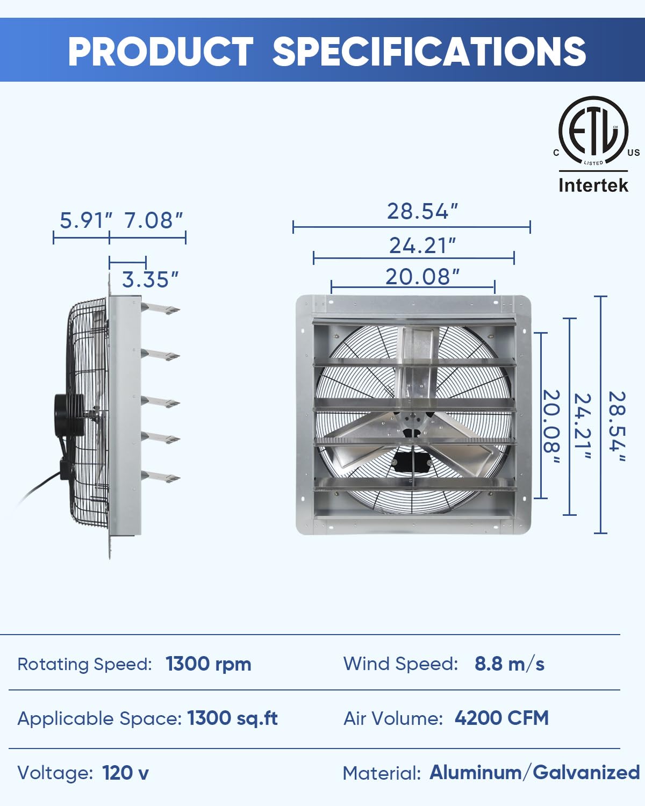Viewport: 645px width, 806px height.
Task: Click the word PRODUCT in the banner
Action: pyautogui.click(x=160, y=52)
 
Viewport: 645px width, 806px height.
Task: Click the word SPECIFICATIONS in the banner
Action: pyautogui.click(x=429, y=52)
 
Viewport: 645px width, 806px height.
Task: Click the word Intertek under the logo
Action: pyautogui.click(x=593, y=185)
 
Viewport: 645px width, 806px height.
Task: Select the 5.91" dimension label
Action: pyautogui.click(x=85, y=220)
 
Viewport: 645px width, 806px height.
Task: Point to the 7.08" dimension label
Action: pyautogui.click(x=154, y=220)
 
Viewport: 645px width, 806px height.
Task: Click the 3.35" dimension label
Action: pyautogui.click(x=150, y=279)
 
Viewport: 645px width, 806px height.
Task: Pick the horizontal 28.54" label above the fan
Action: pyautogui.click(x=422, y=211)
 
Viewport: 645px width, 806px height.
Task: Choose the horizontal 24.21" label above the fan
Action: pyautogui.click(x=422, y=246)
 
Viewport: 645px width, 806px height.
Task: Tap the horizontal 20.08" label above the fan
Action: pyautogui.click(x=422, y=277)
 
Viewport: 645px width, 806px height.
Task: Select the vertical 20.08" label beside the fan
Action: pyautogui.click(x=551, y=428)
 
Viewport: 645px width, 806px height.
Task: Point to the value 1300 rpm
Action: pyautogui.click(x=208, y=664)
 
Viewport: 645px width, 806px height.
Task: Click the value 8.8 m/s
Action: pyautogui.click(x=509, y=664)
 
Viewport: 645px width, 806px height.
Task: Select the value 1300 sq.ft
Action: pyautogui.click(x=232, y=718)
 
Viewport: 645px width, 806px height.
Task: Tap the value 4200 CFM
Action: pyautogui.click(x=501, y=718)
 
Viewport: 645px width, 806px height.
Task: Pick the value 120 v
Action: pyautogui.click(x=125, y=773)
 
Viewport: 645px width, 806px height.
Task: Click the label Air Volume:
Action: pyautogui.click(x=393, y=718)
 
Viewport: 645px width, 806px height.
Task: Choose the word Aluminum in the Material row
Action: pyautogui.click(x=475, y=773)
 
